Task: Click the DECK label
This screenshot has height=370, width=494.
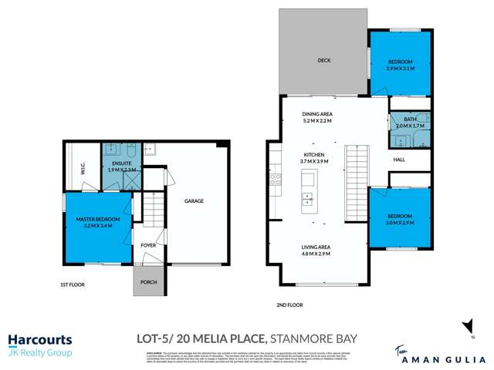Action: click(324, 61)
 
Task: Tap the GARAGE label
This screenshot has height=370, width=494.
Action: click(193, 201)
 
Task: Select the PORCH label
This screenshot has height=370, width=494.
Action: click(149, 282)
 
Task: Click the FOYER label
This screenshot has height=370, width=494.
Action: click(149, 246)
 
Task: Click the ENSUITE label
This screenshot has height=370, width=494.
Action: click(120, 163)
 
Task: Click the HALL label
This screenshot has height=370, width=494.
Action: click(399, 160)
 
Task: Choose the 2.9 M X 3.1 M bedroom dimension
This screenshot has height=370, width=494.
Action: click(400, 69)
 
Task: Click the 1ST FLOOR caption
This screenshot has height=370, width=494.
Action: click(73, 284)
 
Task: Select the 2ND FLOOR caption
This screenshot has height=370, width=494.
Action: click(289, 305)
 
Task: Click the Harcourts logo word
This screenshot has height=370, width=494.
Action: click(39, 339)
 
